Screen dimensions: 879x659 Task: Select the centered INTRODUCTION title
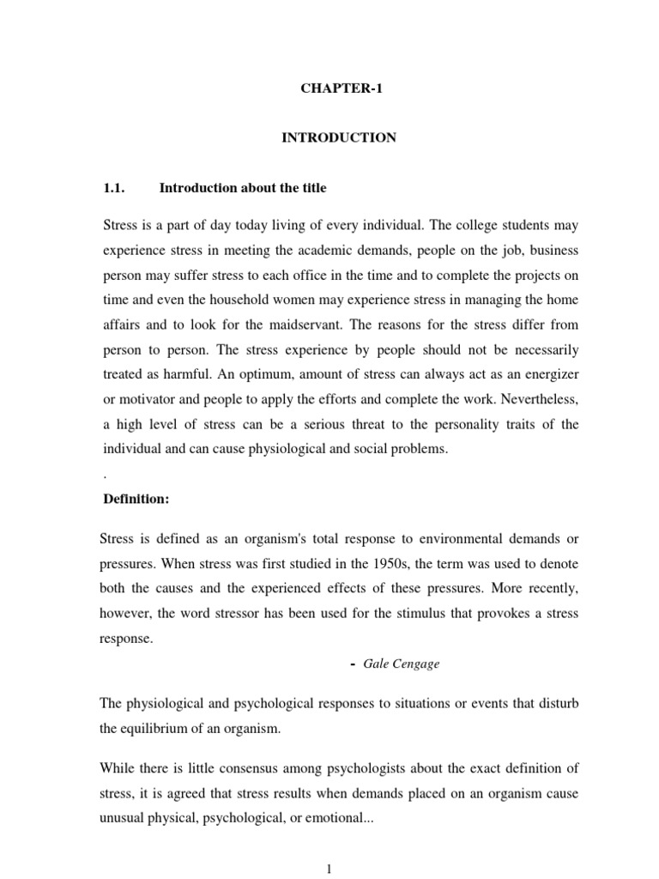pos(339,138)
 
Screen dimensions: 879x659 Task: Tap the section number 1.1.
pos(115,188)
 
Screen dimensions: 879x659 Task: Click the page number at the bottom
pos(329,869)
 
